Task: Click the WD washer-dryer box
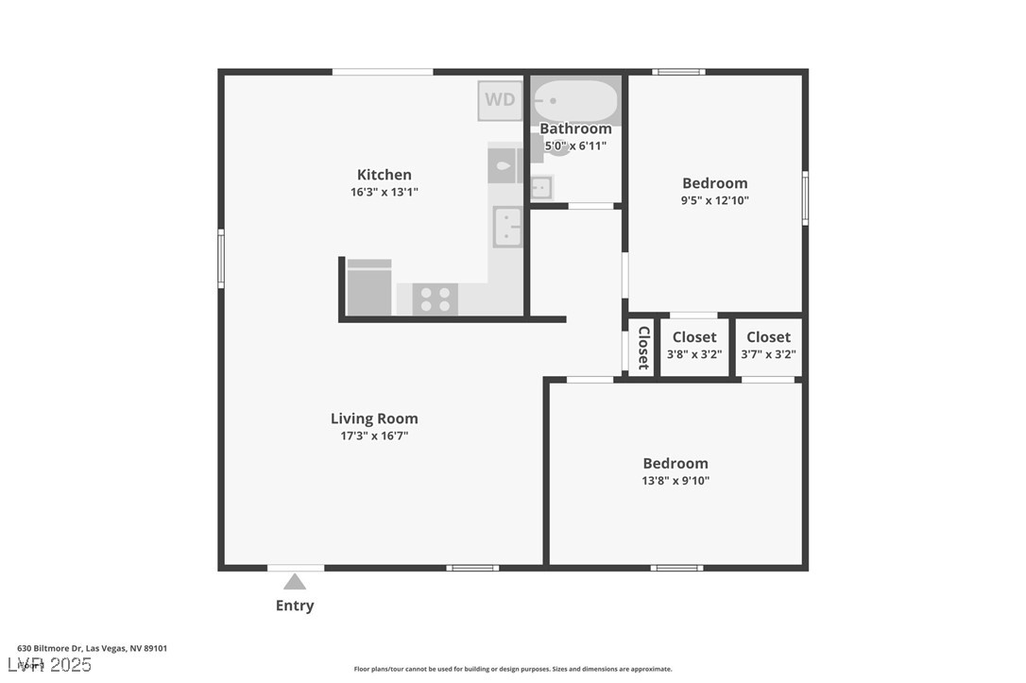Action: [x=500, y=99]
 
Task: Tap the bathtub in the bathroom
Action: [x=574, y=100]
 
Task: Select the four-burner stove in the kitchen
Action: [x=435, y=299]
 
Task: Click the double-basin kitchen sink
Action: [x=507, y=227]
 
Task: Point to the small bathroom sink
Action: [x=540, y=187]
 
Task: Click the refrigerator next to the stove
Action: [x=369, y=288]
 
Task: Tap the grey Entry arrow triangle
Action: [x=295, y=582]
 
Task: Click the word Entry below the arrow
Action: [x=295, y=606]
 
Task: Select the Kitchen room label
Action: [x=384, y=174]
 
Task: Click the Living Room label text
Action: [x=374, y=418]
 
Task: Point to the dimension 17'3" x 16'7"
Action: [x=374, y=436]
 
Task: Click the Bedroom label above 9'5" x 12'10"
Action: [x=715, y=183]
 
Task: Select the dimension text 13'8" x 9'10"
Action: [x=675, y=481]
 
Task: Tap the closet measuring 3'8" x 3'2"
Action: [x=694, y=346]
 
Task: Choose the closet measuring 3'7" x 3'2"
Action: [x=768, y=346]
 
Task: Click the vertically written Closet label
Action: [x=643, y=348]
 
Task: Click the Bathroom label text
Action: [x=575, y=128]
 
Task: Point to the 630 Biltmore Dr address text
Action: [x=93, y=648]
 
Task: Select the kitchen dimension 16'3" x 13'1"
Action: [x=384, y=192]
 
